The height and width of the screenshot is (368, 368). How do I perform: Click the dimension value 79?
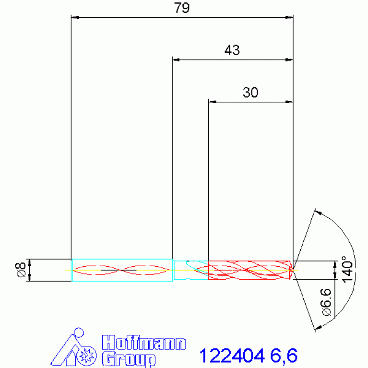182,9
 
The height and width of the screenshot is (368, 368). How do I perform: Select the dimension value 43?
232,50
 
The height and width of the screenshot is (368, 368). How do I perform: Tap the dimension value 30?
250,93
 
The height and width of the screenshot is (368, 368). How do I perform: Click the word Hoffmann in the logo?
144,343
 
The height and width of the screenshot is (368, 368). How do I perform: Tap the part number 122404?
232,356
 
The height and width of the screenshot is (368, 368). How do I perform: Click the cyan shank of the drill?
122,270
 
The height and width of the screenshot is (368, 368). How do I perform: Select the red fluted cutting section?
249,270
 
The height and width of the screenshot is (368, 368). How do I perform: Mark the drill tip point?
293,270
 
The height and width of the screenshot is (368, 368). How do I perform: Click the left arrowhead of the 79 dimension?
74,18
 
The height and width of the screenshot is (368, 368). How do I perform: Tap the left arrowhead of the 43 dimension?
176,60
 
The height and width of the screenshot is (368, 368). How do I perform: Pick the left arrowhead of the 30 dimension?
212,102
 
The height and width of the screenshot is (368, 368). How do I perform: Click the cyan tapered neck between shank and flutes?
190,269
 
